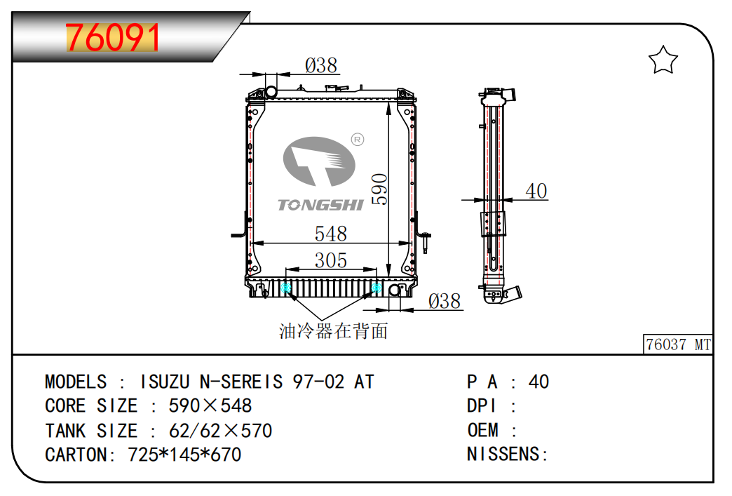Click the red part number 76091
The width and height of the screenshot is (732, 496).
[x=112, y=37]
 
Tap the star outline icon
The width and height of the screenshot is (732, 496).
[x=663, y=60]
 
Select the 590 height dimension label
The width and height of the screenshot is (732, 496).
[x=379, y=189]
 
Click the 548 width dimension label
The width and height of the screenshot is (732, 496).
[x=330, y=234]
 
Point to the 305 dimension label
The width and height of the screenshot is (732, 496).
[x=330, y=260]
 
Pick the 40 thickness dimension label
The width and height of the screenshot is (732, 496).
[x=536, y=191]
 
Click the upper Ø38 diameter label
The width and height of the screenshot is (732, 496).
[x=320, y=65]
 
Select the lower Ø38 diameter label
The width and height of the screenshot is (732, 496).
[x=445, y=301]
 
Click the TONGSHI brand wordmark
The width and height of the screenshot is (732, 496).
[x=320, y=205]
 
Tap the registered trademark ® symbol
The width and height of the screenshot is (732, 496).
[x=357, y=139]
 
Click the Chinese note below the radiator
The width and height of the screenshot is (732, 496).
[x=333, y=331]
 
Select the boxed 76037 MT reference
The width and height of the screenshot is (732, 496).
[x=678, y=344]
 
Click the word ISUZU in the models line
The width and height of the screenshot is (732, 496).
[x=165, y=382]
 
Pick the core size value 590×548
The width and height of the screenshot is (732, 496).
[x=210, y=406]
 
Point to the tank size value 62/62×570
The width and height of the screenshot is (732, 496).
[x=220, y=431]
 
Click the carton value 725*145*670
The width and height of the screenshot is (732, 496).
[x=184, y=455]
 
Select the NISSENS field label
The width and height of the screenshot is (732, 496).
[x=507, y=454]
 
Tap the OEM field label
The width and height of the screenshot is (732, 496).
[x=482, y=430]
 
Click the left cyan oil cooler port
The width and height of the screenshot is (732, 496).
[x=286, y=288]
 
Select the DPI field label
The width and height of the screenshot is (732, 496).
[x=481, y=406]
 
